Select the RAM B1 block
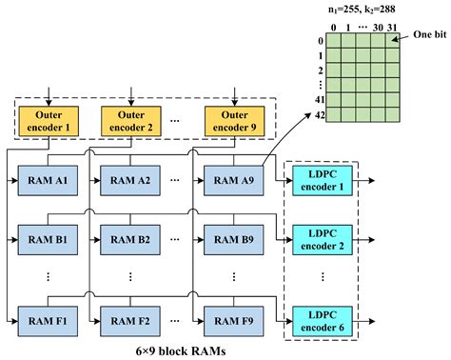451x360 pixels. coord(47,240)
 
